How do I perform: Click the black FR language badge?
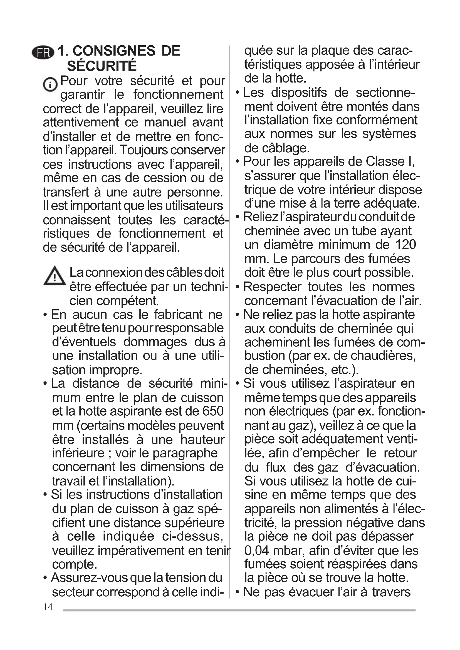[43, 52]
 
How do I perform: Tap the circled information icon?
[50, 84]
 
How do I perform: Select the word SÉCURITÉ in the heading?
[102, 66]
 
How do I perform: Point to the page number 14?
[48, 607]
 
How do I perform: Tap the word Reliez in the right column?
[261, 217]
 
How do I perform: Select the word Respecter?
[272, 287]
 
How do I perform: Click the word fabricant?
[179, 314]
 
